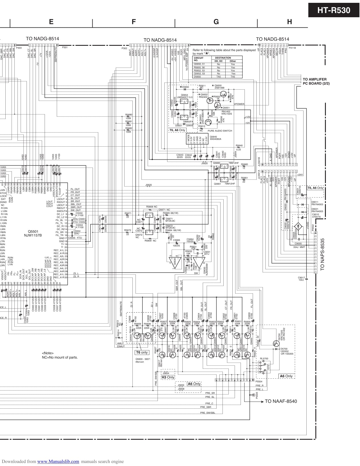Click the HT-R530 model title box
(x=333, y=10)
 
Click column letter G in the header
(x=216, y=22)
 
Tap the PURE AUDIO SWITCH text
(x=220, y=131)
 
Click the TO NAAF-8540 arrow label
(x=281, y=401)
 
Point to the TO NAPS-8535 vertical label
(x=322, y=254)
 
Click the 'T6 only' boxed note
(x=142, y=352)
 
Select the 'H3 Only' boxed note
(x=168, y=377)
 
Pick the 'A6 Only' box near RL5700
(x=286, y=376)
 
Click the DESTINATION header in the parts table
(x=223, y=58)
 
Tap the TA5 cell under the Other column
(x=233, y=77)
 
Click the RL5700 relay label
(x=264, y=359)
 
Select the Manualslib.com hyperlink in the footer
(x=58, y=461)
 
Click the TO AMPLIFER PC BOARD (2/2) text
(x=316, y=81)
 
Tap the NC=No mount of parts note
(x=60, y=357)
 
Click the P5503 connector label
(x=257, y=395)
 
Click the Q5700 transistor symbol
(x=276, y=343)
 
